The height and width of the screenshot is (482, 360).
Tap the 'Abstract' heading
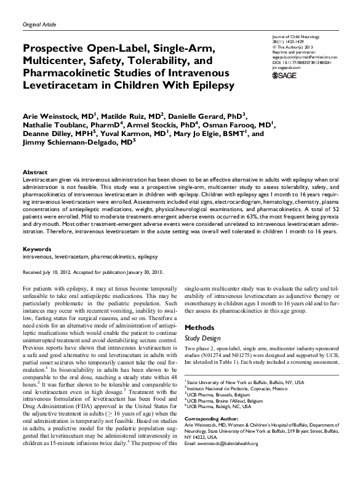pos(35,172)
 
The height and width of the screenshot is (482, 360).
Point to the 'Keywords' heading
pos(37,249)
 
